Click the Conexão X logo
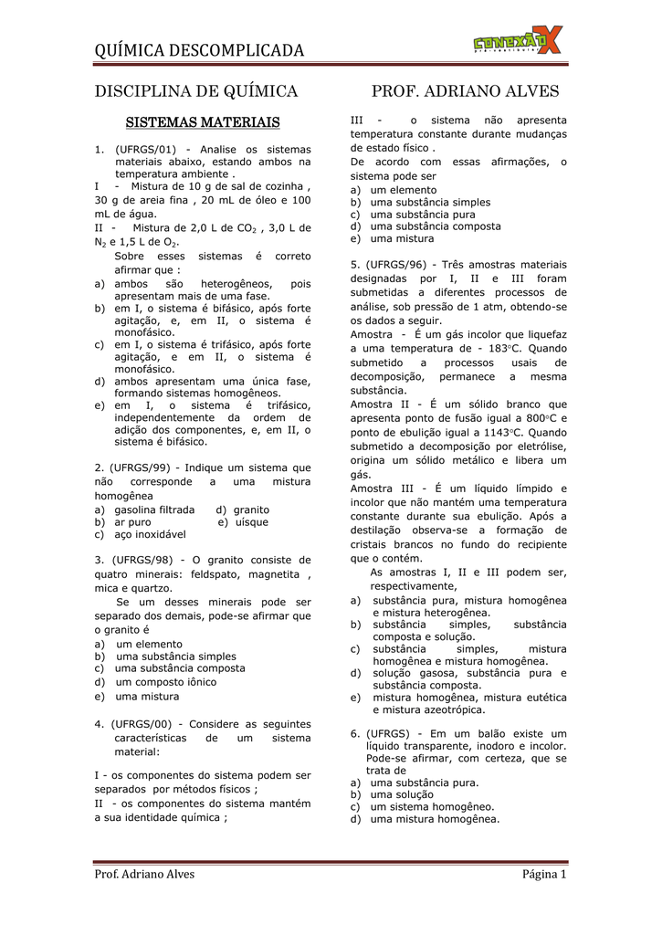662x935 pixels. (x=518, y=41)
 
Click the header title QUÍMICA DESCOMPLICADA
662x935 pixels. (x=199, y=50)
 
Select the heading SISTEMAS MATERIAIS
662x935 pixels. (x=202, y=121)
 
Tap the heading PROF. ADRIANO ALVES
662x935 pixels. (x=466, y=91)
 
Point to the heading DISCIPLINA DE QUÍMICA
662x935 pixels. (x=196, y=91)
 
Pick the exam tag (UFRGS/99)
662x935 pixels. (x=142, y=467)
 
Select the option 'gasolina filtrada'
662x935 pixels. (x=154, y=510)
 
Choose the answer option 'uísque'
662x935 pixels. (x=251, y=522)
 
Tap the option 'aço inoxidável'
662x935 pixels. (x=150, y=534)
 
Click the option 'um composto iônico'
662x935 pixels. (x=165, y=681)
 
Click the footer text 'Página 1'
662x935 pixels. (x=544, y=875)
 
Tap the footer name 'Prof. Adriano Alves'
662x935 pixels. (x=144, y=875)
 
